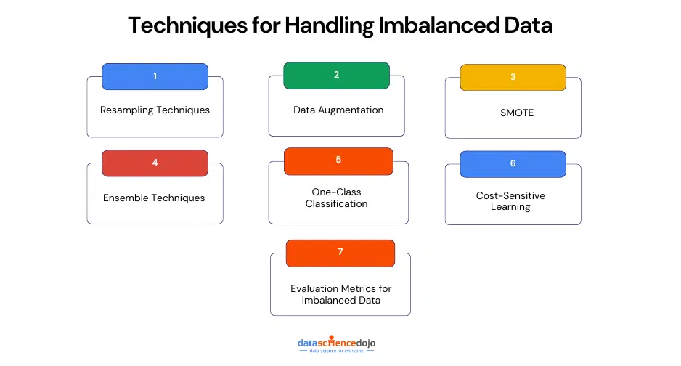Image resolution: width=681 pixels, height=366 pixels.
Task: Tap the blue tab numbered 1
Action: (155, 76)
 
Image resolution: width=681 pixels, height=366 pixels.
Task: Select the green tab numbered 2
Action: (336, 75)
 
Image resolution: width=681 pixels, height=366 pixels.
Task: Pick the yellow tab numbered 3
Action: (513, 77)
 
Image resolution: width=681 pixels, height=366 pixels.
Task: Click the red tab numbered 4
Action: (155, 163)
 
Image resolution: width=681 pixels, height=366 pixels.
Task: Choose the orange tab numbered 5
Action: (338, 160)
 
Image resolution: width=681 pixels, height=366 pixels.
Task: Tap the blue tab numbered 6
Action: (513, 163)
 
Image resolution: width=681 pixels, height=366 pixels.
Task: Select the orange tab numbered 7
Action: (340, 252)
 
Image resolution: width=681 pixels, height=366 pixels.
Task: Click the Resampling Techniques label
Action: (155, 110)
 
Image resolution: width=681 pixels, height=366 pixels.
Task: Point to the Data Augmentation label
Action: (338, 110)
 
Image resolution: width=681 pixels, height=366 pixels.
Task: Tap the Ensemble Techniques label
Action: (154, 198)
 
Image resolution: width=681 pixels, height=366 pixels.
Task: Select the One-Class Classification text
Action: (335, 198)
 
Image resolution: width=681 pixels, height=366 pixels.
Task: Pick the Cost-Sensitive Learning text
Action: (510, 201)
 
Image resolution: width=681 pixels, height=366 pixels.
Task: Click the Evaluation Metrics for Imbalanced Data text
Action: (340, 294)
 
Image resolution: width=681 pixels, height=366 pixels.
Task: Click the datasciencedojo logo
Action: (337, 341)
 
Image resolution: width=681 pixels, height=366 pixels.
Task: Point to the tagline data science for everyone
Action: (337, 351)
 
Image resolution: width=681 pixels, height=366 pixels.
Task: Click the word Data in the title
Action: (524, 25)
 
